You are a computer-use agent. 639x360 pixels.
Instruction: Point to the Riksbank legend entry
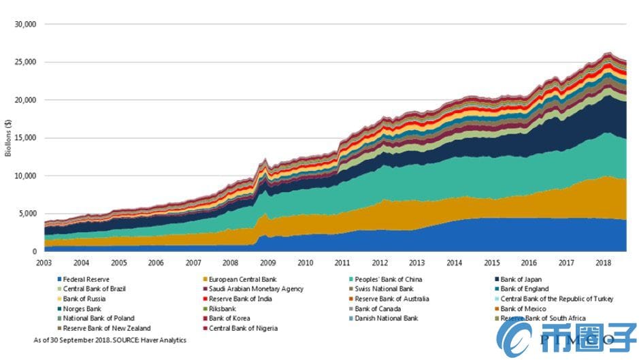point(223,308)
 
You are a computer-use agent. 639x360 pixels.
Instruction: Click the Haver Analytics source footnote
point(110,339)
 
